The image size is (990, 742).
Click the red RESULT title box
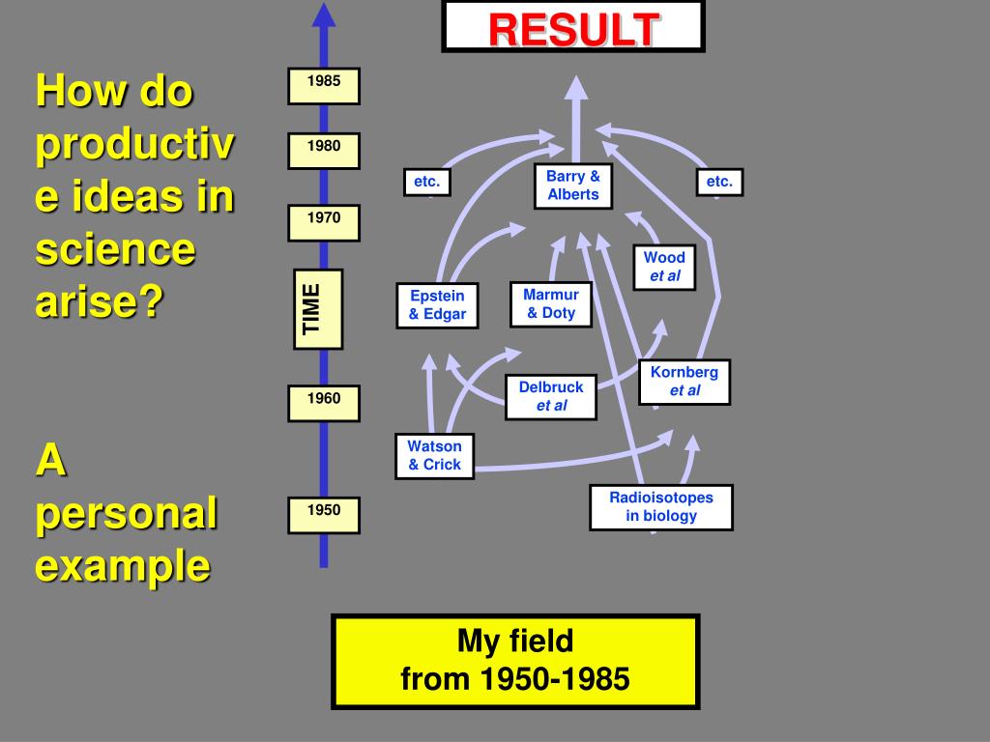pyautogui.click(x=573, y=27)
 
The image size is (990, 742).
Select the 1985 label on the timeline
pyautogui.click(x=324, y=86)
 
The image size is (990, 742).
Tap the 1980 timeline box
pyautogui.click(x=324, y=151)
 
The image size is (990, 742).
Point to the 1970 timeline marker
pyautogui.click(x=324, y=223)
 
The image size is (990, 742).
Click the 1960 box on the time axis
pyautogui.click(x=324, y=403)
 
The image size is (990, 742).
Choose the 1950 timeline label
pyautogui.click(x=324, y=515)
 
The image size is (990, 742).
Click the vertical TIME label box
pyautogui.click(x=318, y=309)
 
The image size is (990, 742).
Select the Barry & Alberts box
pyautogui.click(x=573, y=185)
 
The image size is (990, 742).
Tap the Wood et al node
pyautogui.click(x=664, y=267)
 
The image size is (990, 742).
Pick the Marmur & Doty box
pyautogui.click(x=551, y=304)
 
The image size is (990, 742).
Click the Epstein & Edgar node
pyautogui.click(x=437, y=305)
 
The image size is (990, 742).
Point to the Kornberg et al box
pyautogui.click(x=684, y=382)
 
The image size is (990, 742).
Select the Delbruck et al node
pyautogui.click(x=551, y=396)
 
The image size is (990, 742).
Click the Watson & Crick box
pyautogui.click(x=434, y=456)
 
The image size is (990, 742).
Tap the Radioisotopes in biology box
pyautogui.click(x=661, y=507)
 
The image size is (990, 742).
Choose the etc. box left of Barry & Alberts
pyautogui.click(x=426, y=182)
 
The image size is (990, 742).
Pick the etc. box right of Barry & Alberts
pyautogui.click(x=719, y=182)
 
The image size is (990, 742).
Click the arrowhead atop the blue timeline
pyautogui.click(x=324, y=14)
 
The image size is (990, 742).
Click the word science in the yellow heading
pyautogui.click(x=115, y=251)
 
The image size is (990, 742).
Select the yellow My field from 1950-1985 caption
pyautogui.click(x=515, y=662)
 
